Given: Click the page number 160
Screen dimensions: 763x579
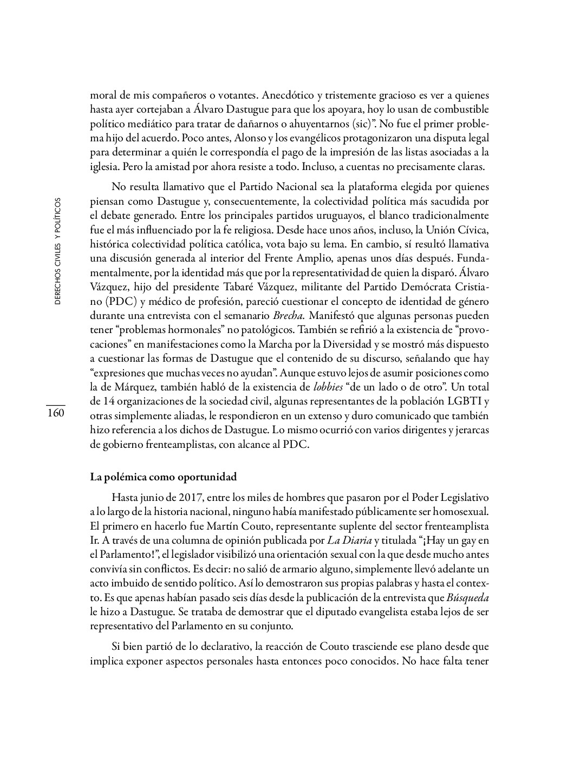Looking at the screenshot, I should click(55, 414).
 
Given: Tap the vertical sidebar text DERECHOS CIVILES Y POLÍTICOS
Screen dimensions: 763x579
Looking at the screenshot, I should click(57, 250).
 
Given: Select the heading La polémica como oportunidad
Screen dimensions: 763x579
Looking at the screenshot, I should click(163, 477).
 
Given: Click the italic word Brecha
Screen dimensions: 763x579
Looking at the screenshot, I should click(289, 316).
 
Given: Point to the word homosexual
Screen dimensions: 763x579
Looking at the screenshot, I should click(464, 511).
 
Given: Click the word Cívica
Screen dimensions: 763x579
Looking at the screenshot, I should click(474, 230).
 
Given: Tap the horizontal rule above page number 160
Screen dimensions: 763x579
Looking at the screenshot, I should click(55, 405).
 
